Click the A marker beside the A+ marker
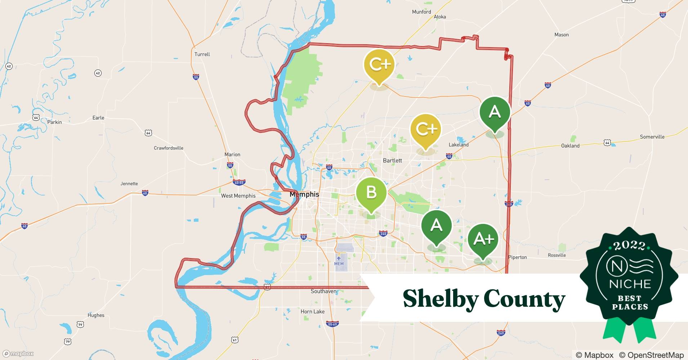coord(437,226)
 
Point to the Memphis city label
coord(304,194)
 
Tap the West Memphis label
coord(238,196)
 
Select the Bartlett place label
coord(392,161)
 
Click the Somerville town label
coord(652,137)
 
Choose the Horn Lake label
coord(312,312)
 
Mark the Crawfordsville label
coord(168,148)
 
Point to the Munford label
coord(421,12)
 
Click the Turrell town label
coord(202,54)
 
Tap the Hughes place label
coord(96,315)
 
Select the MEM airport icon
coord(339,258)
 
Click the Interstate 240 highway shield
coord(383,234)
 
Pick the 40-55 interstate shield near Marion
coord(239,183)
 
